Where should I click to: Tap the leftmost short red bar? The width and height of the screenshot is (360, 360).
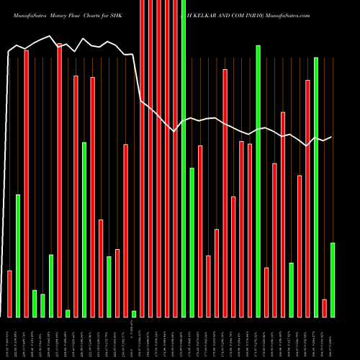[9, 293]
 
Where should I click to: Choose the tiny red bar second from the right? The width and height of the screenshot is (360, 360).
[324, 307]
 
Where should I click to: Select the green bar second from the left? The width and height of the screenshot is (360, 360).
[18, 256]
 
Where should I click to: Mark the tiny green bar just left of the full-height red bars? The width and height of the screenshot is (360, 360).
[134, 313]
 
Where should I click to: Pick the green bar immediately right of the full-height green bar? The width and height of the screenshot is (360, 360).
[192, 242]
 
